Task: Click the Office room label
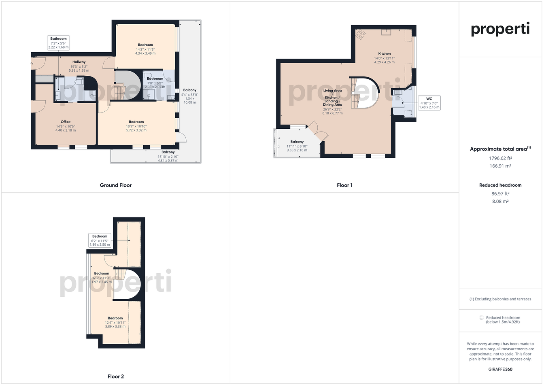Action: pos(66,122)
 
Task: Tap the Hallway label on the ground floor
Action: pos(79,62)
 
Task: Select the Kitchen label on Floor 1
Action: pos(385,53)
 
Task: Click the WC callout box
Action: pos(429,103)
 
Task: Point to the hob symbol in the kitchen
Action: pos(360,34)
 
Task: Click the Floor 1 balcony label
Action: pos(297,142)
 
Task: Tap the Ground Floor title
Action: pos(116,185)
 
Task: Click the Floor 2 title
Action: pos(116,376)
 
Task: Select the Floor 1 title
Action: pos(344,185)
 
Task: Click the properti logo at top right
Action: pos(500,29)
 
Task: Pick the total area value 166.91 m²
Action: pos(500,166)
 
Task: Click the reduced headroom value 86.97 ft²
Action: pos(500,194)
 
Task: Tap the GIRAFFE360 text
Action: pos(500,369)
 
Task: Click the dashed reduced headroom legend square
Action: pos(482,317)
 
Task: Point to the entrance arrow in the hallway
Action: pos(32,64)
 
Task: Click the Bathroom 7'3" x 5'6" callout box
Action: pos(58,43)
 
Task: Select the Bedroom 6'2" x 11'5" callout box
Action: pos(100,240)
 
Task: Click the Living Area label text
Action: pos(332,91)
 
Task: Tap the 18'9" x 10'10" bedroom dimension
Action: pos(136,126)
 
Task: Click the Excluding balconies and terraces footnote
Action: pos(500,299)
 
